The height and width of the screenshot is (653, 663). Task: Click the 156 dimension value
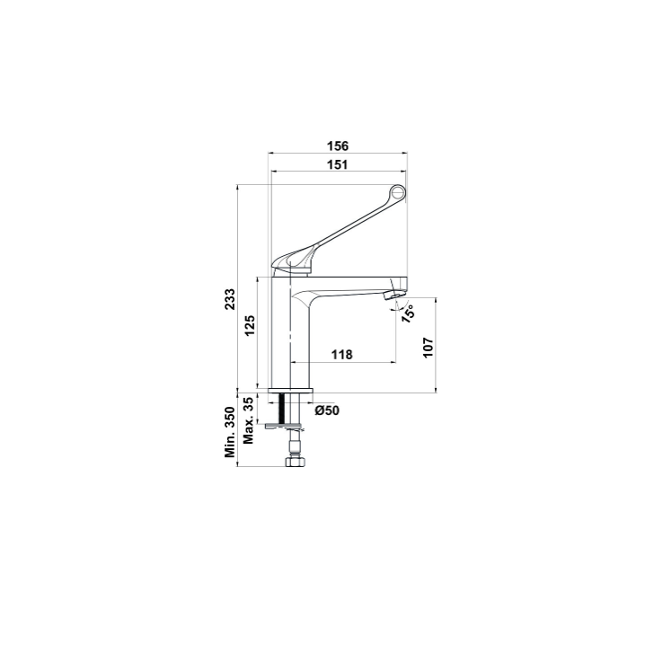[338, 146]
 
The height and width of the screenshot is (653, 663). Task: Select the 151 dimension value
[338, 164]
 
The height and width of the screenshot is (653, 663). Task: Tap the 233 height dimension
[230, 299]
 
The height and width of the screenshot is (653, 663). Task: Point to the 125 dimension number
[250, 325]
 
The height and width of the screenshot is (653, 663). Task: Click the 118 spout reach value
[341, 354]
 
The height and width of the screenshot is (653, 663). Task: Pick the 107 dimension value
[429, 347]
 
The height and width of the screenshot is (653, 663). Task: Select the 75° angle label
[408, 313]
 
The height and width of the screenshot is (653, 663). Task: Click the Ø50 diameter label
[327, 410]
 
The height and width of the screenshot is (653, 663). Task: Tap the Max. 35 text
[249, 419]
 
